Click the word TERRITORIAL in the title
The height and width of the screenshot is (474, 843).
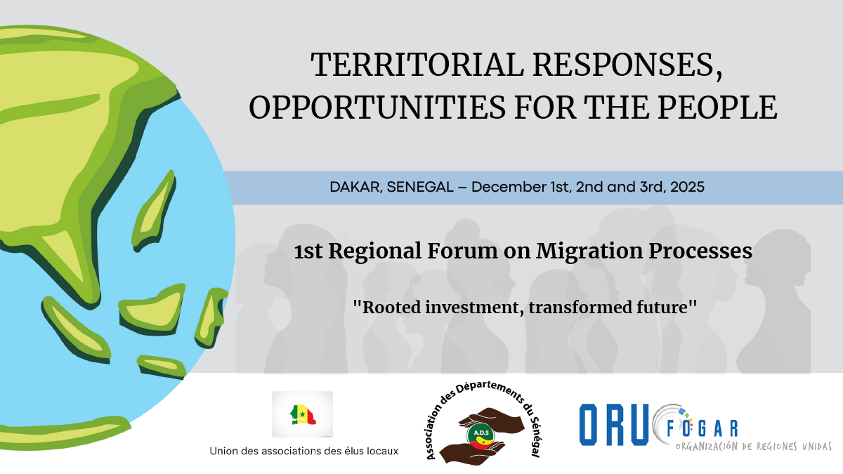tap(417, 65)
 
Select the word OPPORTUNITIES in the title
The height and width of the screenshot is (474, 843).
tap(377, 107)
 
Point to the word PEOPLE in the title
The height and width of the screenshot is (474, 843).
tap(718, 107)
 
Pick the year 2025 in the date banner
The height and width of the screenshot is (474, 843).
tap(687, 187)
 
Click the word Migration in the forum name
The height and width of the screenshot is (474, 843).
tap(589, 251)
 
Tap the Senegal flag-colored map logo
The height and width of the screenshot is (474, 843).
tap(303, 414)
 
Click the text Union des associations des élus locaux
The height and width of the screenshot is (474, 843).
tap(303, 451)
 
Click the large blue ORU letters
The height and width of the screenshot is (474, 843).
tap(614, 425)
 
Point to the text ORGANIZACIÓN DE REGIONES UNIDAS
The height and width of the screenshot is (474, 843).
tap(753, 447)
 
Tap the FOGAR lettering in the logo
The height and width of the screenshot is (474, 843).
tap(702, 428)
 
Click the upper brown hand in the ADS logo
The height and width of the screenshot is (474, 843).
tap(491, 419)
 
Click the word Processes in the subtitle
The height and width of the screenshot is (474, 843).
tap(700, 251)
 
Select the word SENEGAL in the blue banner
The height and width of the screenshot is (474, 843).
tap(420, 187)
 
